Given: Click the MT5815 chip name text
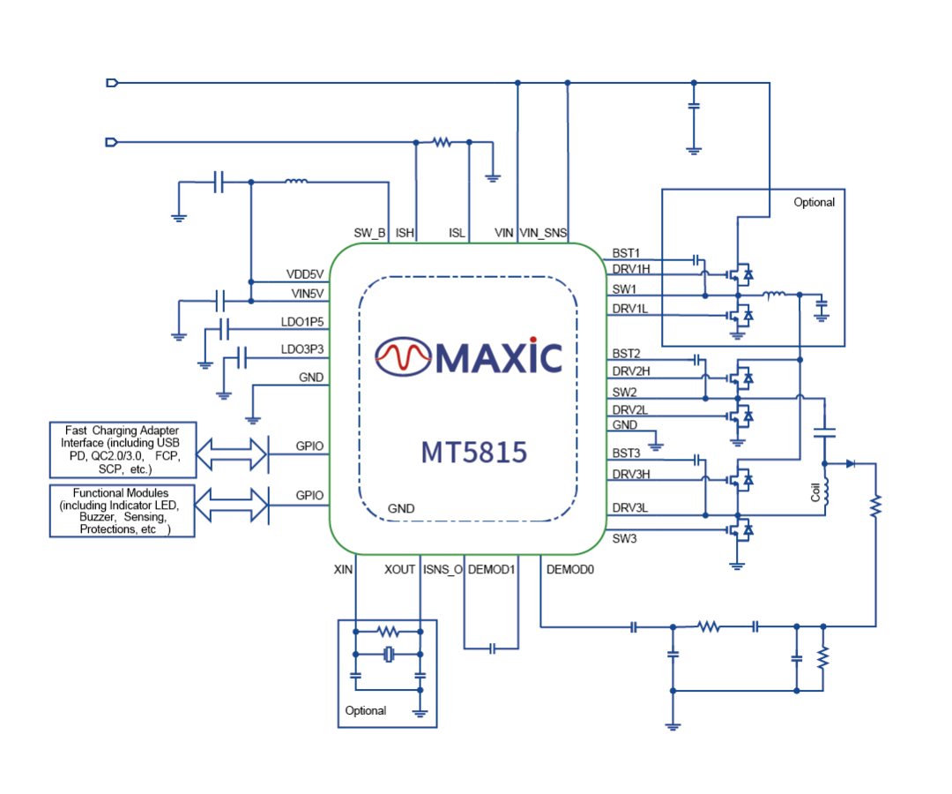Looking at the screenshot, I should [473, 453].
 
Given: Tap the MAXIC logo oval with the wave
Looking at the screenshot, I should [403, 356].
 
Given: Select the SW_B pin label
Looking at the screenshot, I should [369, 233].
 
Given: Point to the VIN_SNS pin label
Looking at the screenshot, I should [544, 233].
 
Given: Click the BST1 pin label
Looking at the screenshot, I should [626, 252].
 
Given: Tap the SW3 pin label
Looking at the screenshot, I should [624, 538].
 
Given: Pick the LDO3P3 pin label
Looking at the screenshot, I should [302, 349].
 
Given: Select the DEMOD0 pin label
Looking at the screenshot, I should [570, 570].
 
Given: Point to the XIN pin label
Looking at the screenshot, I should [343, 570].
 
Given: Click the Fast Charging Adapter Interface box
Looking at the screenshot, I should [122, 450].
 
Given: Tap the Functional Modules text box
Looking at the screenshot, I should [122, 511].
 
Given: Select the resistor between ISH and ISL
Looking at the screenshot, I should [441, 141].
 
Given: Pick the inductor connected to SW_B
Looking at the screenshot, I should [296, 183].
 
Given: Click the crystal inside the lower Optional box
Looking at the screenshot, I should [389, 654].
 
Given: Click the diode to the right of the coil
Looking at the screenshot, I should [850, 463].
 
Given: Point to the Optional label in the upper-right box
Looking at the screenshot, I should [814, 202].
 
